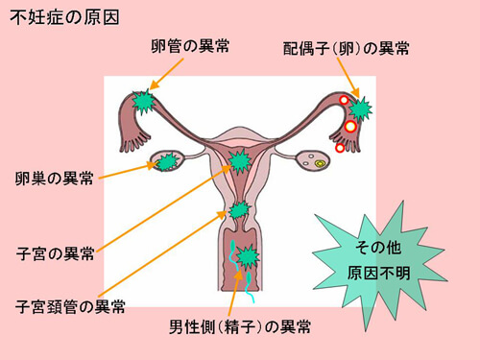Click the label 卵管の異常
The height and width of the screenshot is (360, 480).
coord(191,45)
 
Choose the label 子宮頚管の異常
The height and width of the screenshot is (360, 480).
coord(70,307)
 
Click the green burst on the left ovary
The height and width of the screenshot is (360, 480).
coord(168,161)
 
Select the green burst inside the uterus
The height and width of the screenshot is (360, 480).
coord(238,161)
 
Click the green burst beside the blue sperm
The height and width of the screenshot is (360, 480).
coord(249,257)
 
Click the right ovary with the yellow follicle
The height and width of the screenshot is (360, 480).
coord(315,161)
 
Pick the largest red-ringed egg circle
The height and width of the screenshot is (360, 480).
coord(351,126)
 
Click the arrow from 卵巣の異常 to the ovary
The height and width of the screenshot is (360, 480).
coord(125,170)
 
